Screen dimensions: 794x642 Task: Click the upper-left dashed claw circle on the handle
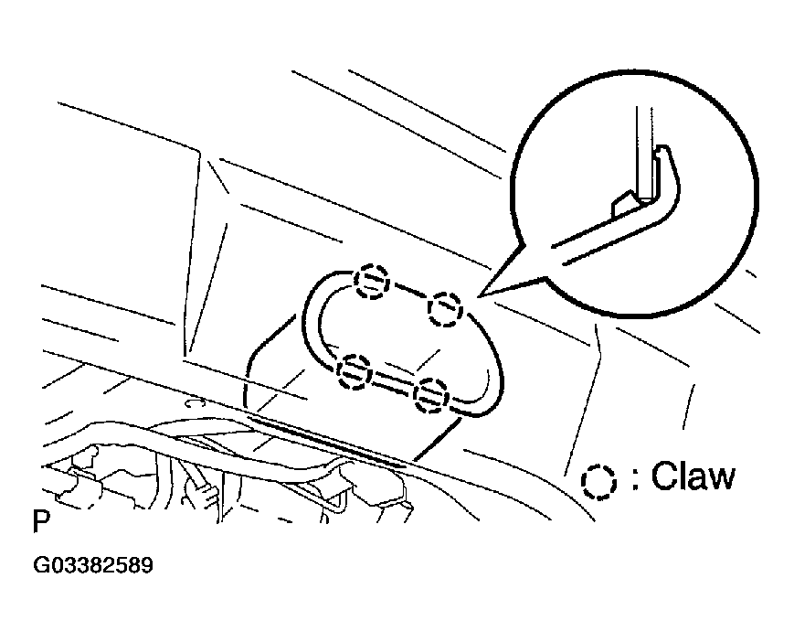371,282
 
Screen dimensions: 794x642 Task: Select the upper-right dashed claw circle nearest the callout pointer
445,309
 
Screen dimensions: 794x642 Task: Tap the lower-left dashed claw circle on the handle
355,371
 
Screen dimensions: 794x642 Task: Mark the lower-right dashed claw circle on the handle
431,396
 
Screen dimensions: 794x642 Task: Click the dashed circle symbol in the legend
598,481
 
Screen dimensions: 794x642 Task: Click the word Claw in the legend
693,476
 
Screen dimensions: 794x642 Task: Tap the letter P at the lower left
41,520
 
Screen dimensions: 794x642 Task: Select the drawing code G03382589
92,565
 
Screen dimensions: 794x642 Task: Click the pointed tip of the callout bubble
479,294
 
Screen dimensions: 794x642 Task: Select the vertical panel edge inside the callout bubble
644,152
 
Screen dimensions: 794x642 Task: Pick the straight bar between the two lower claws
393,383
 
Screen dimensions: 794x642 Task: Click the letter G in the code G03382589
40,565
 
